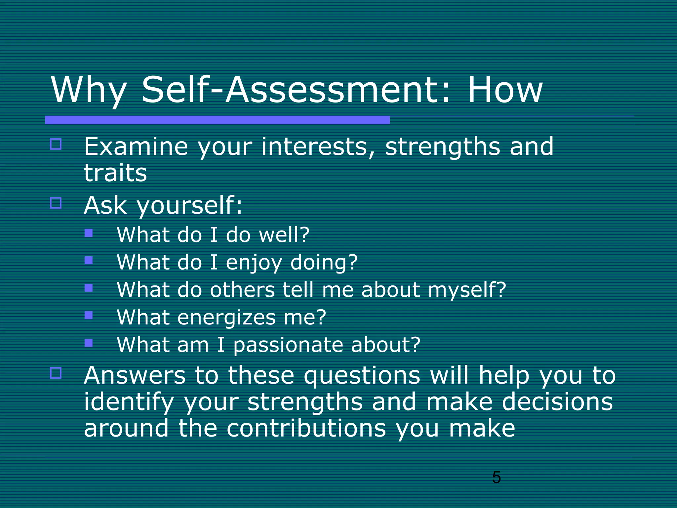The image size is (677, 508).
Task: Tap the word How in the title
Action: tap(505, 90)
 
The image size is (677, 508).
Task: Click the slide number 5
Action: tap(496, 477)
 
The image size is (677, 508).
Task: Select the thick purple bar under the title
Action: tap(217, 120)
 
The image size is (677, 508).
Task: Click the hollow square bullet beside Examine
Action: tap(56, 144)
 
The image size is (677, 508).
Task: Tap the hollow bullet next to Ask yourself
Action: tap(56, 203)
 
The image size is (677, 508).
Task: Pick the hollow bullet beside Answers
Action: tap(56, 373)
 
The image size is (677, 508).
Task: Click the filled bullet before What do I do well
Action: tap(88, 233)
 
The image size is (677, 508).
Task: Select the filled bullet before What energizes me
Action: tap(88, 315)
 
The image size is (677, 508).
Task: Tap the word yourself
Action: tap(189, 206)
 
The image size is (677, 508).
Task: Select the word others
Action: tap(242, 290)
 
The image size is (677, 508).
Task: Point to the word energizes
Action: tap(226, 317)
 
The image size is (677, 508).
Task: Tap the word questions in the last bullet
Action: tap(362, 376)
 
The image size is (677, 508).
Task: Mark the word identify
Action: tap(129, 402)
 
